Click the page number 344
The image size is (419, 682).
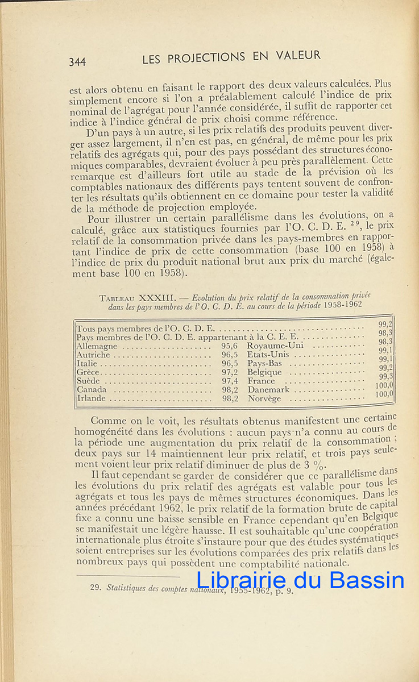(x=77, y=62)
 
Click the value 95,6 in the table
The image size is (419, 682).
(x=230, y=346)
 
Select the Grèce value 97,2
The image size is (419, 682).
(x=230, y=372)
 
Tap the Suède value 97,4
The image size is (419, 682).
(x=230, y=381)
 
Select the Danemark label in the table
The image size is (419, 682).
(x=268, y=390)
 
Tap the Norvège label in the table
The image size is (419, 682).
(x=264, y=398)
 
